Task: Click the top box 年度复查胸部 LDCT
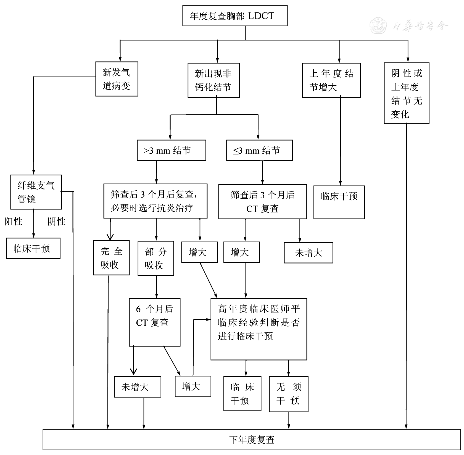(235, 16)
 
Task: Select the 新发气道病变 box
(117, 79)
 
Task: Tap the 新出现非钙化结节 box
(213, 80)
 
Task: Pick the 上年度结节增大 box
(331, 80)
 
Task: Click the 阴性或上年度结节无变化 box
(406, 93)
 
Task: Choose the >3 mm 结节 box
(171, 151)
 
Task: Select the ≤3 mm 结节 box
(259, 151)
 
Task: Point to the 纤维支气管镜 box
(36, 192)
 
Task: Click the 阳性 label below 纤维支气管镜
(13, 222)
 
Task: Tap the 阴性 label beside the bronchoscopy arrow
(57, 222)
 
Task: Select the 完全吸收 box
(111, 258)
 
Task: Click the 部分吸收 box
(156, 259)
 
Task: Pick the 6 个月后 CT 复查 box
(155, 322)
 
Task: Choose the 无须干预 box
(288, 394)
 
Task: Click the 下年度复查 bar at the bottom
(252, 440)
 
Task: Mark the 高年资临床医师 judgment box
(259, 329)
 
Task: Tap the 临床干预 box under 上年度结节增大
(339, 202)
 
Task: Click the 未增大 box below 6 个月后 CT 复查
(138, 387)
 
